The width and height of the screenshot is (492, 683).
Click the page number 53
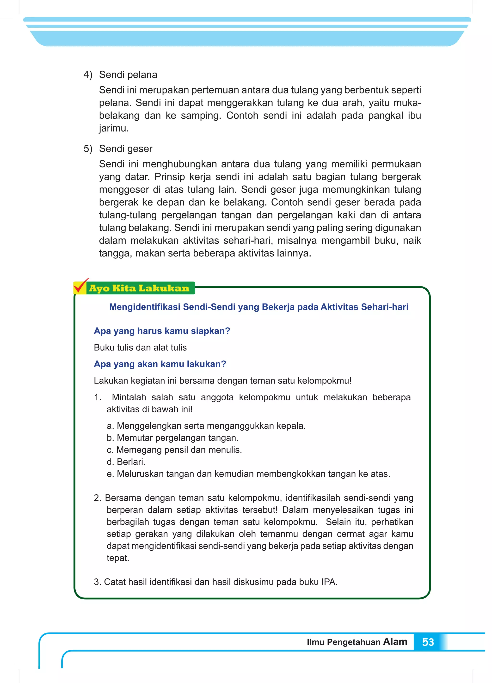point(428,642)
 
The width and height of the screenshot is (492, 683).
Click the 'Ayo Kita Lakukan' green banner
point(139,288)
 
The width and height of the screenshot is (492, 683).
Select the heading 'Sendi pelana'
point(128,75)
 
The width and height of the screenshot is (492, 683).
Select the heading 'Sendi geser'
point(126,149)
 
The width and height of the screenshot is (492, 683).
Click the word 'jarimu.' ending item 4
point(114,128)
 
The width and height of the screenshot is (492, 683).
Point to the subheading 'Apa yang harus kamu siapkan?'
point(162,331)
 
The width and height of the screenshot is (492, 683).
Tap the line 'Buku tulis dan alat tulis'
point(140,348)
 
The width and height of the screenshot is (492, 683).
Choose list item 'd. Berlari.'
point(126,462)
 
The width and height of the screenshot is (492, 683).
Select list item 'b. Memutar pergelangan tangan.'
point(172,438)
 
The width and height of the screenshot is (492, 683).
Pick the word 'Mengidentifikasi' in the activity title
point(145,307)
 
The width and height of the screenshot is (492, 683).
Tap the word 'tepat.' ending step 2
point(118,558)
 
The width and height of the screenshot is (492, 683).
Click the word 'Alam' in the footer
point(395,641)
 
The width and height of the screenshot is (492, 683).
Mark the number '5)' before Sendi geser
point(88,149)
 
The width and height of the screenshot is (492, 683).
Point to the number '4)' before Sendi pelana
point(88,75)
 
